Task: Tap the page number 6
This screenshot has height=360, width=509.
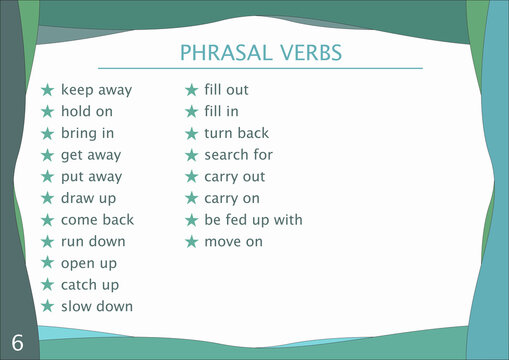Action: click(18, 342)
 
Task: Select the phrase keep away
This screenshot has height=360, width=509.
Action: click(96, 90)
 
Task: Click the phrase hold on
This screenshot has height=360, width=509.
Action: click(87, 111)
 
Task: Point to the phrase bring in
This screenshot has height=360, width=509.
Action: click(87, 133)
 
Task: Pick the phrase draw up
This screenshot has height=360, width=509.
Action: click(88, 198)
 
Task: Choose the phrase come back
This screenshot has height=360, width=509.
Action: click(97, 220)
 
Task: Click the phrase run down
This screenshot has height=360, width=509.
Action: click(93, 241)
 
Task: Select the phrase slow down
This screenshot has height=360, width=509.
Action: click(96, 306)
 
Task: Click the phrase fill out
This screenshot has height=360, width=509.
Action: click(226, 90)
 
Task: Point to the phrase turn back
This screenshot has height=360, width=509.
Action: click(236, 133)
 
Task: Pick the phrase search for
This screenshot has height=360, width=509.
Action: click(238, 155)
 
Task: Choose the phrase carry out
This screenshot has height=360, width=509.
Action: click(234, 177)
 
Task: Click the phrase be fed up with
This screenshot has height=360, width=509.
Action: click(253, 220)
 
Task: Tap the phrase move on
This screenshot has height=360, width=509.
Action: click(233, 242)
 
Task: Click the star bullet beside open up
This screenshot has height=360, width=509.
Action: click(47, 263)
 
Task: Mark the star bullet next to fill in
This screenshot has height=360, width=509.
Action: click(191, 111)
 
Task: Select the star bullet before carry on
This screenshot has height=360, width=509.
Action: click(191, 198)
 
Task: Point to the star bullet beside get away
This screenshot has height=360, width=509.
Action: click(47, 155)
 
